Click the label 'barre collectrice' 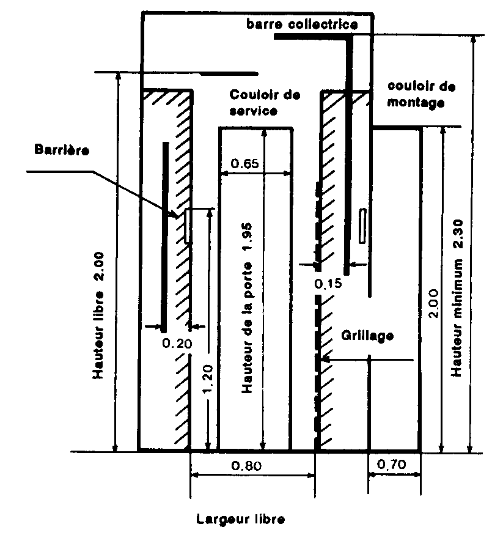(x=302, y=24)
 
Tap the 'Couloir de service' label (x=265, y=103)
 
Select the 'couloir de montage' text (x=422, y=94)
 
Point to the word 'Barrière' (x=62, y=150)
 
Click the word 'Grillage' (x=367, y=336)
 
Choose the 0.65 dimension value (x=244, y=163)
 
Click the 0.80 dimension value (x=246, y=465)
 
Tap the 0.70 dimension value (x=392, y=464)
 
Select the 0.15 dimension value (x=328, y=283)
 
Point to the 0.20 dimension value (x=177, y=343)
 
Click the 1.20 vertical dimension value (x=207, y=378)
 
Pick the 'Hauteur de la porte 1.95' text (x=247, y=308)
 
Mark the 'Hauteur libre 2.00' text (x=98, y=315)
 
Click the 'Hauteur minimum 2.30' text (x=457, y=298)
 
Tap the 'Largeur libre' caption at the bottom (x=240, y=519)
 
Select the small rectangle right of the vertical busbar (x=363, y=226)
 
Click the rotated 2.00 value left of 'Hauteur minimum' (x=433, y=303)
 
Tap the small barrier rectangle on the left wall (x=187, y=226)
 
